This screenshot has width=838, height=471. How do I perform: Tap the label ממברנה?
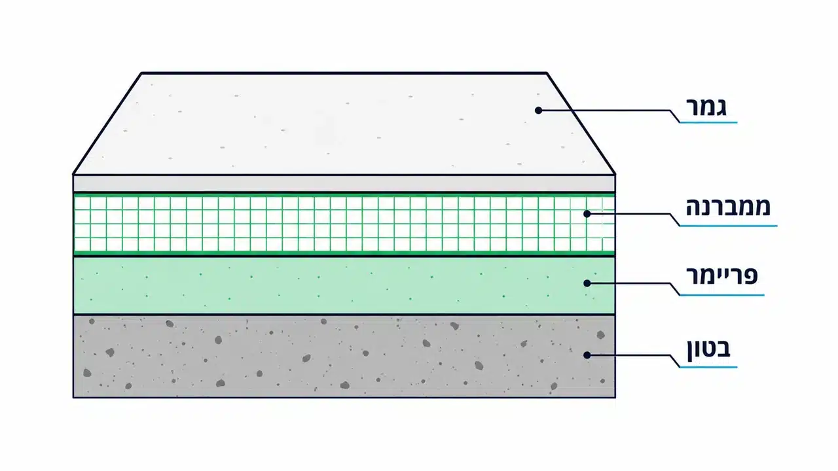pos(728,207)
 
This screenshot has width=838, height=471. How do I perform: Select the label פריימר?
pos(721,276)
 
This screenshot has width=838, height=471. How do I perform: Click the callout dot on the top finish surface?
pos(538,111)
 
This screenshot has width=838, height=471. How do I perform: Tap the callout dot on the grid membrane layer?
pos(587,214)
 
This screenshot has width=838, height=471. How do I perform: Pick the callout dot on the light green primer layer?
pos(587,283)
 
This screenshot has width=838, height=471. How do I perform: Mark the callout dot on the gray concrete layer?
pos(587,355)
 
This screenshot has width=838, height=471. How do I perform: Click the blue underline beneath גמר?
pos(708,122)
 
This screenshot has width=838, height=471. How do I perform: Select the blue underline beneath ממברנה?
pos(729,226)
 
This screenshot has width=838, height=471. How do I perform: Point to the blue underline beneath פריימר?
pos(721,295)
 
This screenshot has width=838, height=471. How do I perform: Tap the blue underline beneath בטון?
pos(708,367)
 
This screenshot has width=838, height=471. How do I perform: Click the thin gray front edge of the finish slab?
pos(344,184)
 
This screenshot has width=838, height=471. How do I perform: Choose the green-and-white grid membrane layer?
pos(344,224)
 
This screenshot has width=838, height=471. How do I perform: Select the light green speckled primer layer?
pos(344,286)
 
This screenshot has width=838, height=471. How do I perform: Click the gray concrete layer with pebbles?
pos(344,357)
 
